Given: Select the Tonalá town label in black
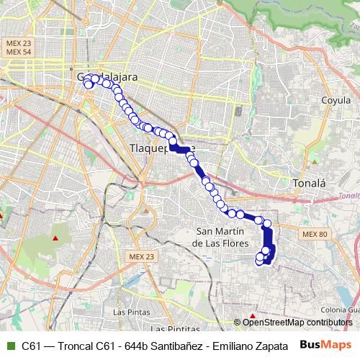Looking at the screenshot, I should point(310,184).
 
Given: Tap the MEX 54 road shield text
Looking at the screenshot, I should point(19,53).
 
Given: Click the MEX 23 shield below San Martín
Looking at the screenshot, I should point(141,257).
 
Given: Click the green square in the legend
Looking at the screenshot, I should point(9,345).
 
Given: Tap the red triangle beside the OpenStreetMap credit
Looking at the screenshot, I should point(253,315).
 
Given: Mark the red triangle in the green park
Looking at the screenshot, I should point(56,238).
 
